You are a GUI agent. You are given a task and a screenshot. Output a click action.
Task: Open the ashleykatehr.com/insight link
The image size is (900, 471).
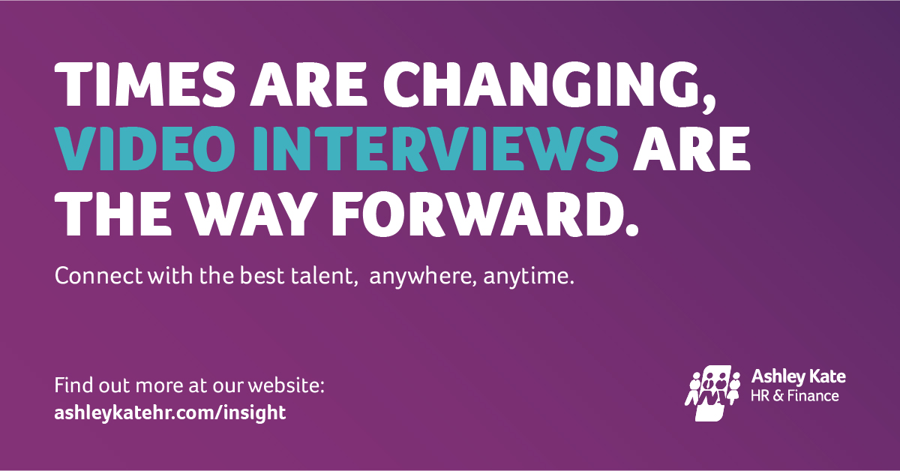coord(170,412)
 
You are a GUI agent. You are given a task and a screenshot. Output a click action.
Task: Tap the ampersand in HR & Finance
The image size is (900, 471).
coord(777,395)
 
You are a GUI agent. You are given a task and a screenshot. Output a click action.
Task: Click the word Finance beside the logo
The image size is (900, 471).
coord(813,395)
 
